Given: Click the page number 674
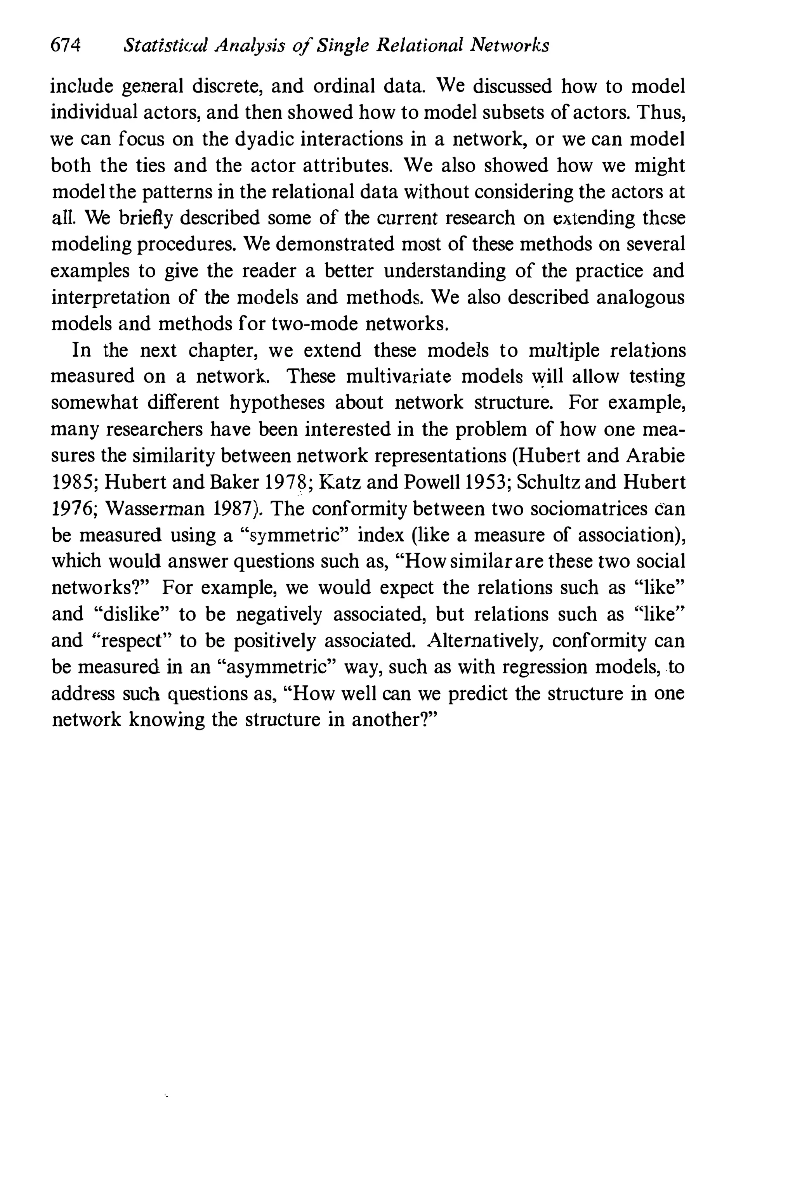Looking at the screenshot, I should click(x=66, y=46).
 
